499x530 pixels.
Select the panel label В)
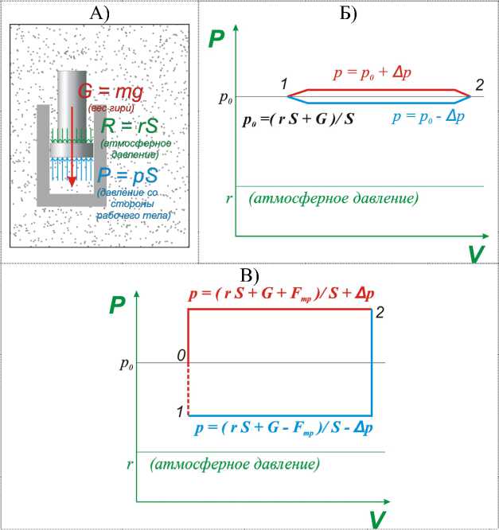tap(250, 275)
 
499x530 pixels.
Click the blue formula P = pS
tap(128, 173)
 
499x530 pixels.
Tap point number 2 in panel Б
tap(479, 84)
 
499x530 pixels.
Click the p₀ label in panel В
tap(127, 364)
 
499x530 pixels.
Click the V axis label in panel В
tap(377, 520)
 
